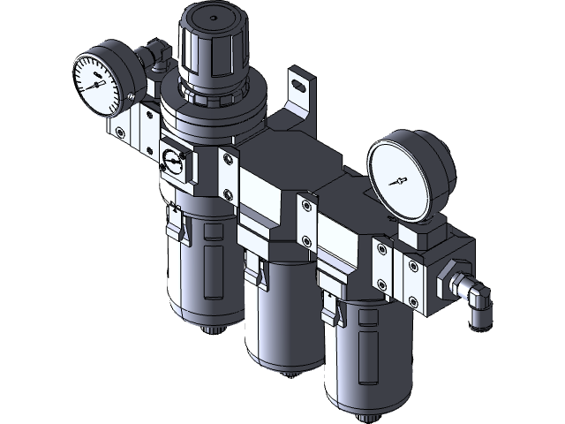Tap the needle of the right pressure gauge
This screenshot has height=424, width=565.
tap(400, 180)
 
